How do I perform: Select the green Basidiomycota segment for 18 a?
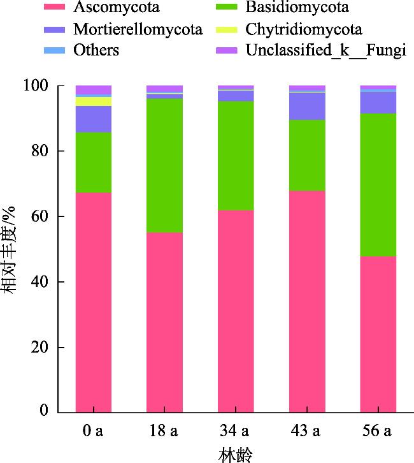pos(164,166)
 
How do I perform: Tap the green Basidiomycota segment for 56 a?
pos(378,185)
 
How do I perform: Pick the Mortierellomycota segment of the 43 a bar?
pos(307,107)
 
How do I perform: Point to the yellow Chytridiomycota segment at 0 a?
pos(94,101)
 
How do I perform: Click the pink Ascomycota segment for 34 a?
pos(236,311)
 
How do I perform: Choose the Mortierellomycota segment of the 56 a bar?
pos(378,103)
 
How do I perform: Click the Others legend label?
pos(96,50)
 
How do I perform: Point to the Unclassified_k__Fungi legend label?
pos(326,50)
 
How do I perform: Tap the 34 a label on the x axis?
pos(236,432)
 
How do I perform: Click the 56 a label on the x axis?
pos(378,432)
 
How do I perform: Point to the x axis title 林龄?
pos(236,454)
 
